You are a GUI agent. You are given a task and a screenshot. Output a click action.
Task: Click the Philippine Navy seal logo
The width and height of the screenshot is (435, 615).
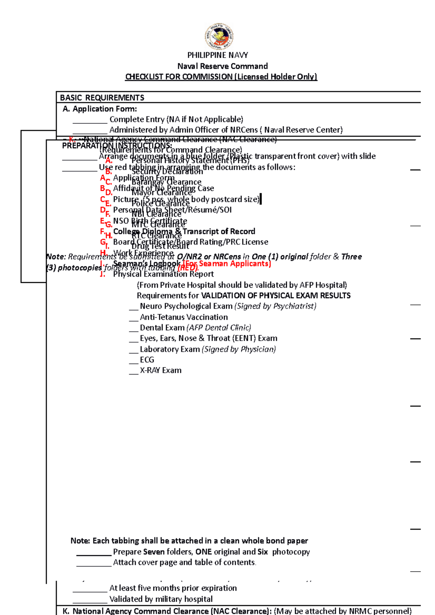pyautogui.click(x=219, y=36)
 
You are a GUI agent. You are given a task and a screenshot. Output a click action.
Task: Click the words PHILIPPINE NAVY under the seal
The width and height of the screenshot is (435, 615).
pyautogui.click(x=217, y=55)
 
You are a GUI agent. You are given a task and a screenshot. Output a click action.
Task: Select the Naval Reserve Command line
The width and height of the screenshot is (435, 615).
pyautogui.click(x=222, y=66)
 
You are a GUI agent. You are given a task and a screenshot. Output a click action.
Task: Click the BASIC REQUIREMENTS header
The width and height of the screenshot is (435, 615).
pyautogui.click(x=102, y=98)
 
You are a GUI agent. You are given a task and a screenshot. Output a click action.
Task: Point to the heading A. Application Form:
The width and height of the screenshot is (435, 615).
pyautogui.click(x=100, y=109)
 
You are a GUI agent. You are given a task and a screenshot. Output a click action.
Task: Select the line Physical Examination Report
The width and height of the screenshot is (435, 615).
pyautogui.click(x=163, y=274)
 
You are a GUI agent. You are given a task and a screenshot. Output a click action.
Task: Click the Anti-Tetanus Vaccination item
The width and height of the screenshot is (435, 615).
pyautogui.click(x=184, y=317)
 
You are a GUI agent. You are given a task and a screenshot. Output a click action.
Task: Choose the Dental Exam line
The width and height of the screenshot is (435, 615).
pyautogui.click(x=195, y=328)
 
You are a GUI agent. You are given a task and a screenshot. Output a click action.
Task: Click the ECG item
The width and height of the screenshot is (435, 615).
pyautogui.click(x=147, y=360)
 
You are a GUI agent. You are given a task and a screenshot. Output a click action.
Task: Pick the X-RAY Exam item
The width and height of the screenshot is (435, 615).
pyautogui.click(x=161, y=370)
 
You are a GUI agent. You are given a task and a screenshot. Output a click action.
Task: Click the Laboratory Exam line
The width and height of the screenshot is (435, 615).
pyautogui.click(x=207, y=349)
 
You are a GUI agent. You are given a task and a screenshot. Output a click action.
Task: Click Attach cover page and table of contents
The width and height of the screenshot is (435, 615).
pyautogui.click(x=184, y=562)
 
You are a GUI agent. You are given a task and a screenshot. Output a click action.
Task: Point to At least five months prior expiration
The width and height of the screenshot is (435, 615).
pyautogui.click(x=173, y=588)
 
